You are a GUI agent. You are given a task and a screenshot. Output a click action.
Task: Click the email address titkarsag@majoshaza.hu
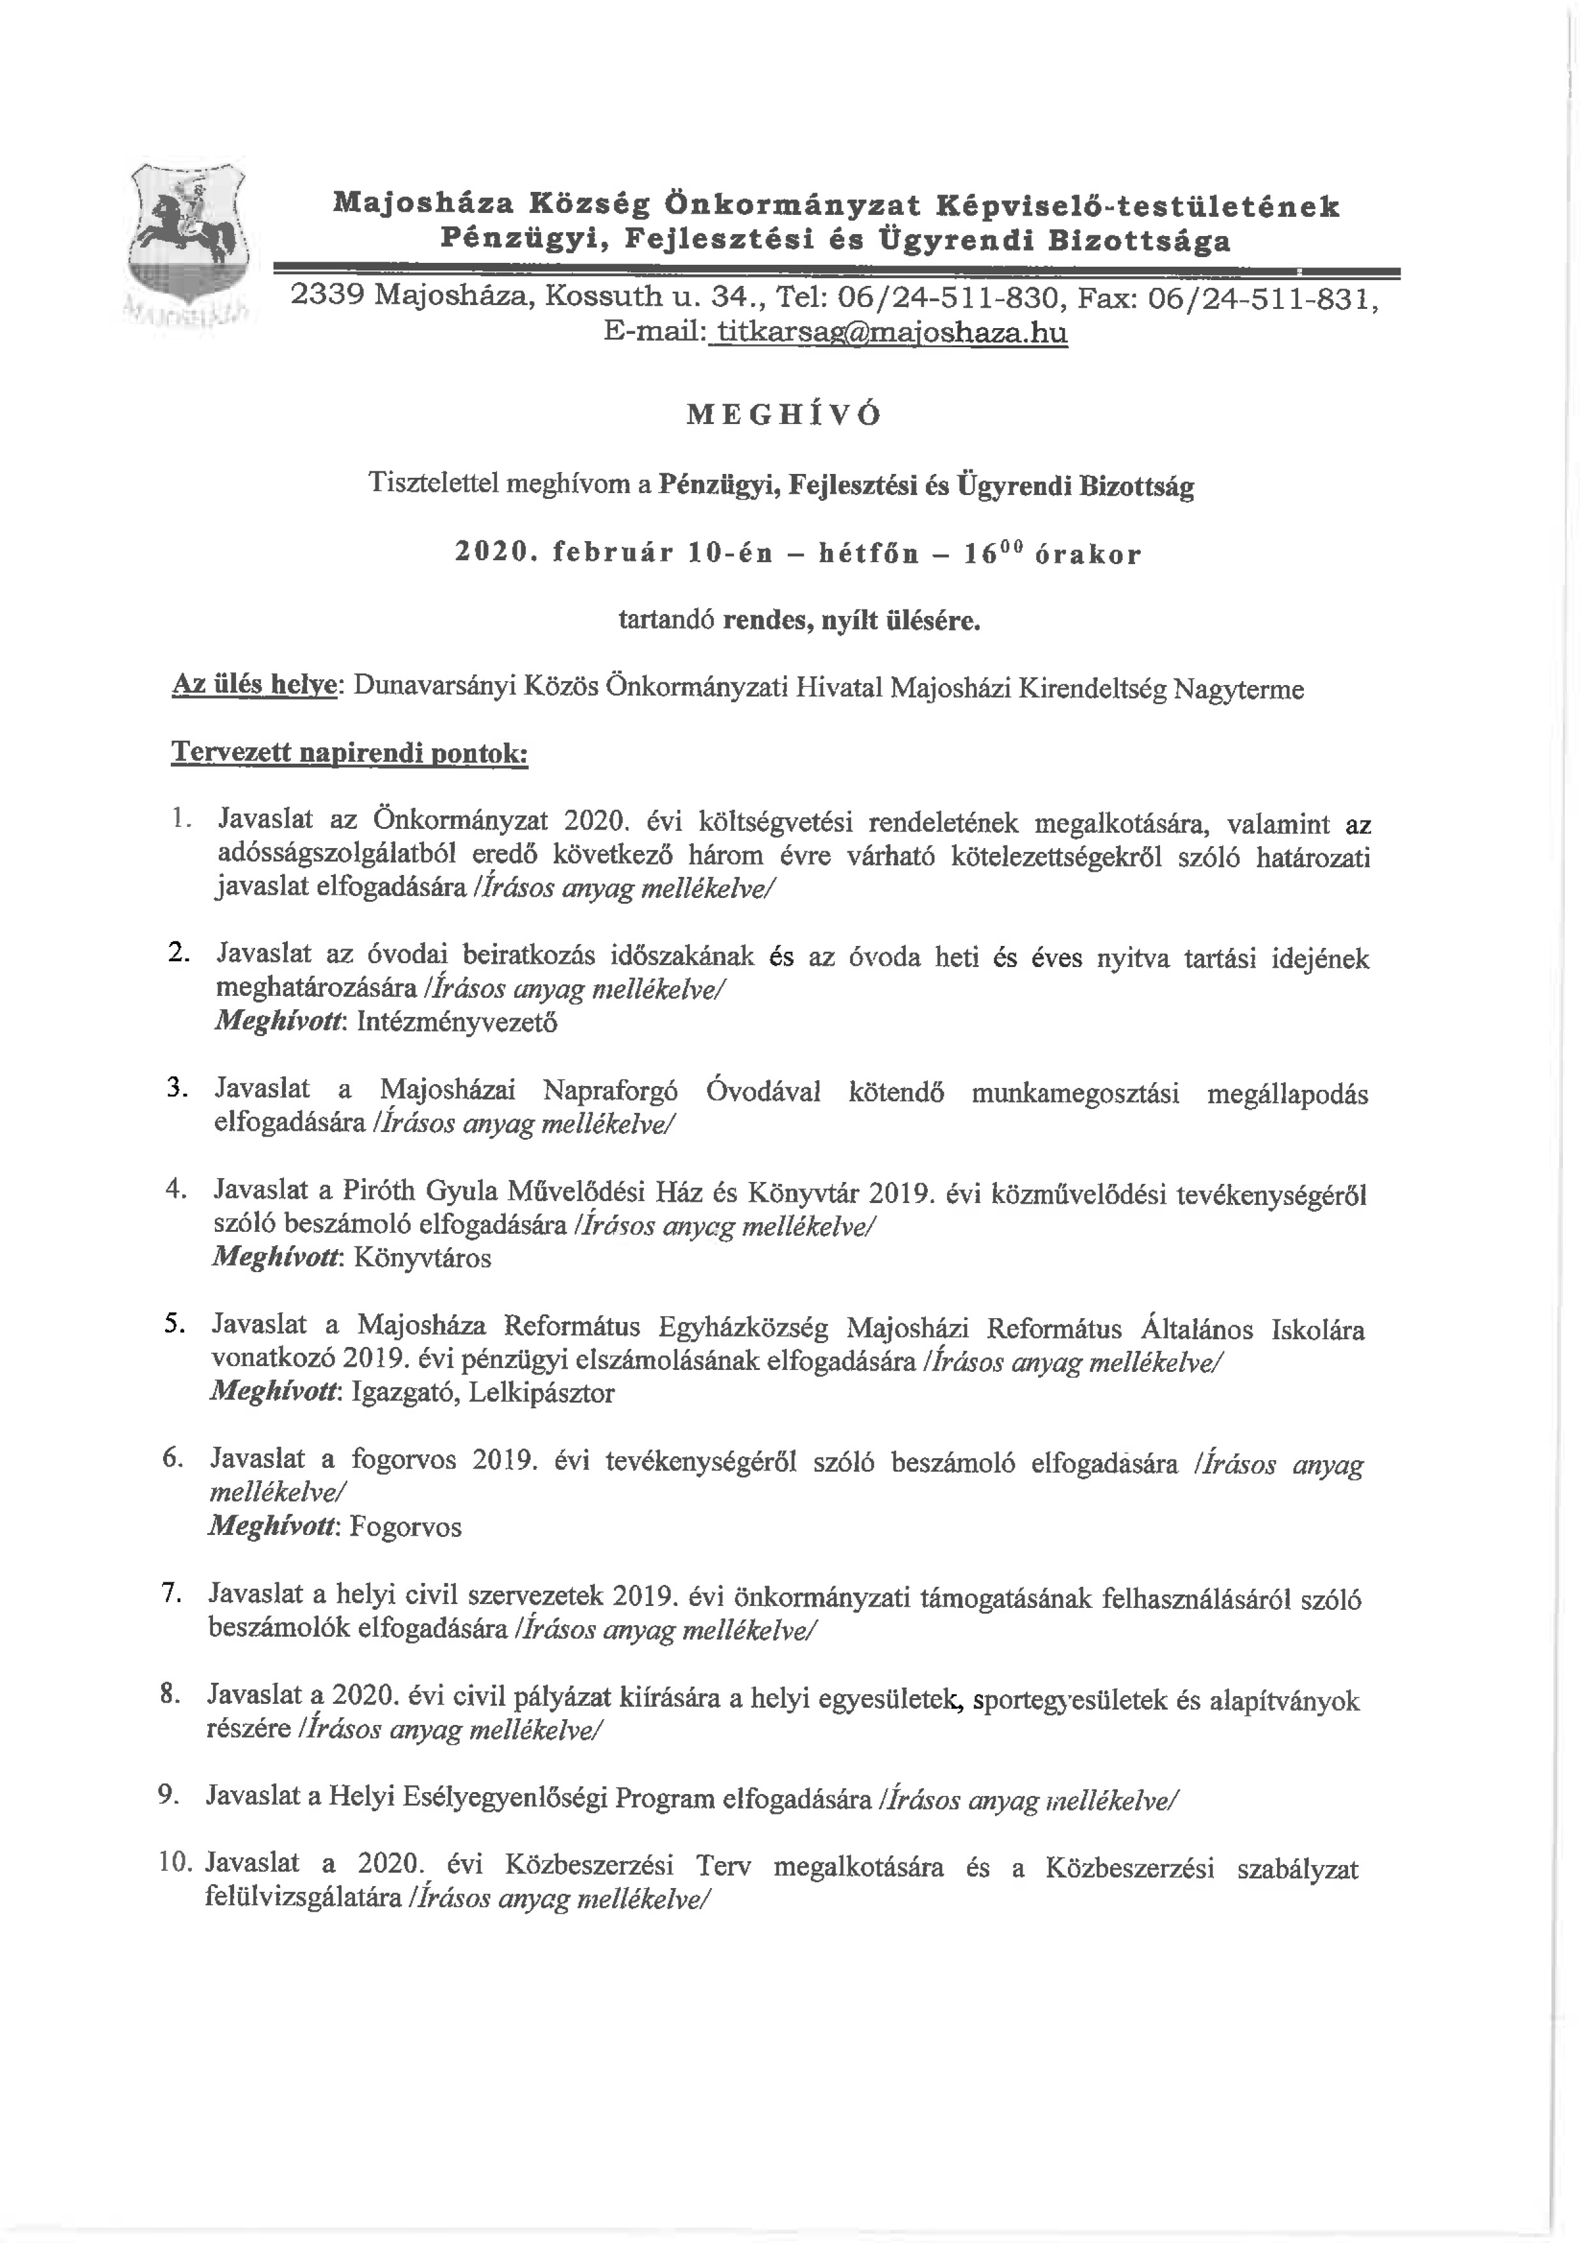891,333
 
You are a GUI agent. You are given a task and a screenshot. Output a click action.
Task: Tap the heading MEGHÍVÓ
783,415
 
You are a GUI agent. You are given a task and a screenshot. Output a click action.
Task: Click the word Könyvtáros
422,1257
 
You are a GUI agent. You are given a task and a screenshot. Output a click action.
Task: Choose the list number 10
177,1863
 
